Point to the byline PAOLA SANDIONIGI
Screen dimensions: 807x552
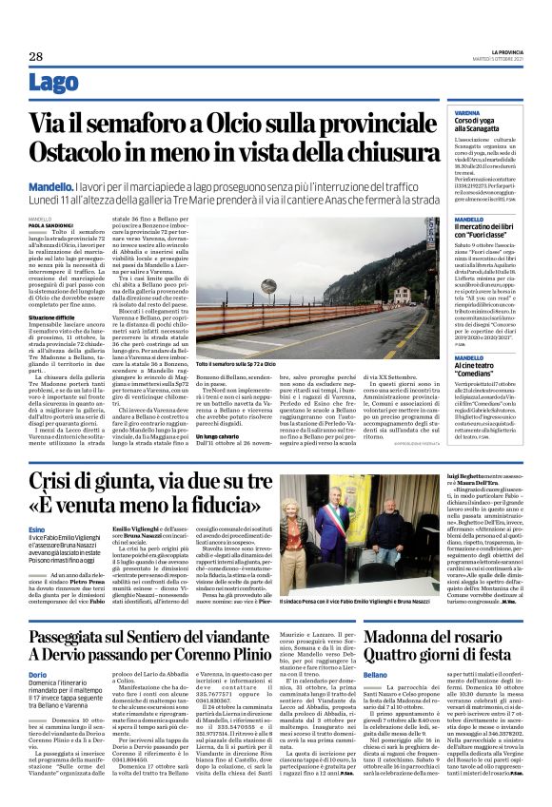pyautogui.click(x=50, y=225)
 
